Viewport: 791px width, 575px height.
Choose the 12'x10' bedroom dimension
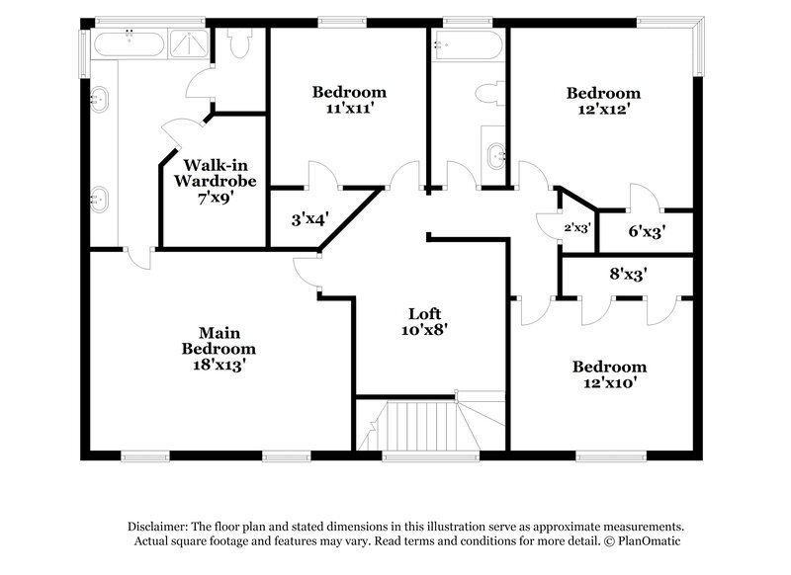609,382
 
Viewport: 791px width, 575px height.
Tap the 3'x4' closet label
308,218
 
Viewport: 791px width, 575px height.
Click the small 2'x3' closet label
576,227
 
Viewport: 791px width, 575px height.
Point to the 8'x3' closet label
626,276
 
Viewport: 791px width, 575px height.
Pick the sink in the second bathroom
495,153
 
